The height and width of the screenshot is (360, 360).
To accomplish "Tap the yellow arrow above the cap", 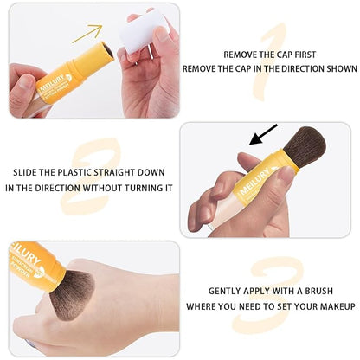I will (87, 34).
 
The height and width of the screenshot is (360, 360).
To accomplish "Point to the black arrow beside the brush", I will (263, 134).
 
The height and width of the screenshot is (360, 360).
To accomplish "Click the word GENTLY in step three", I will (226, 292).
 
